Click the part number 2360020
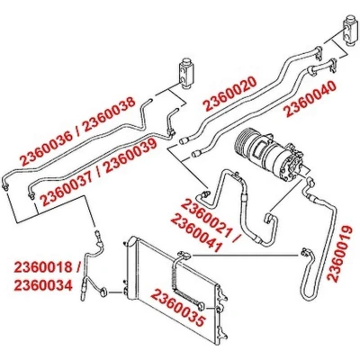tap(230, 94)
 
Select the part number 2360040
tap(310, 100)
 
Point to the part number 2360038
tap(109, 115)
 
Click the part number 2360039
tap(130, 156)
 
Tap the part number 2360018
tap(43, 267)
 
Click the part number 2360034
tap(43, 285)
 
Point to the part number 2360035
tap(179, 308)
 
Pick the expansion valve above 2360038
tap(184, 73)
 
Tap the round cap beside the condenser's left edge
tap(104, 292)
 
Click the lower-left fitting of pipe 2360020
tap(184, 140)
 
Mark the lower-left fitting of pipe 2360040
tap(197, 153)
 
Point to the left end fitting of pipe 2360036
tap(5, 187)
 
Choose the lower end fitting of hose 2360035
tap(200, 306)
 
